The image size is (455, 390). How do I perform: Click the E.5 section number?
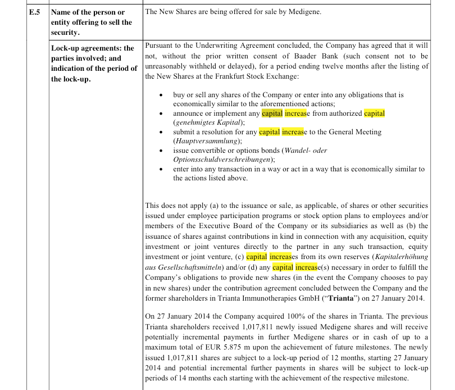point(35,12)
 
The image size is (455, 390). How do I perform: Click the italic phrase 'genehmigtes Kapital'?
point(208,122)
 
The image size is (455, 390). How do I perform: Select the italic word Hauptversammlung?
point(207,140)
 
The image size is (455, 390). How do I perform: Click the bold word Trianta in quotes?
point(337,297)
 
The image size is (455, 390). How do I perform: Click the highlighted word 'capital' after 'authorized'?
point(375,113)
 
